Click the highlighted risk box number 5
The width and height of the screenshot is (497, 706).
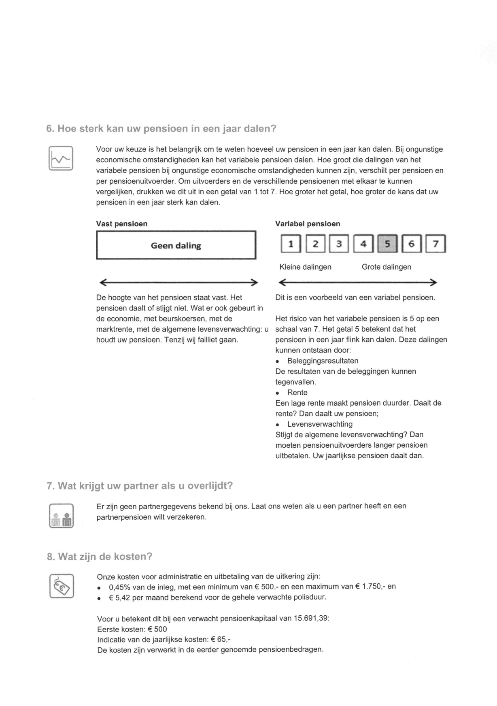pyautogui.click(x=387, y=244)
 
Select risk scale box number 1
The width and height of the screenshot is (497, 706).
pyautogui.click(x=291, y=244)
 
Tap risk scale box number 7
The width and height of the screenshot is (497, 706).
pyautogui.click(x=436, y=244)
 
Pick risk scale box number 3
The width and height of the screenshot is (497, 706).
pyautogui.click(x=339, y=244)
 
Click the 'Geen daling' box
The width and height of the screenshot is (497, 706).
pyautogui.click(x=176, y=245)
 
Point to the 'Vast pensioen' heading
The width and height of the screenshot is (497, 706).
pyautogui.click(x=122, y=224)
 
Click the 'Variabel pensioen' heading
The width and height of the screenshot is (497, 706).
pyautogui.click(x=308, y=224)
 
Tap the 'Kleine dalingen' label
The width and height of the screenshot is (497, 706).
pyautogui.click(x=305, y=267)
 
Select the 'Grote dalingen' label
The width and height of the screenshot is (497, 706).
pyautogui.click(x=386, y=267)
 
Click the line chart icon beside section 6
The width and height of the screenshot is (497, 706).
pyautogui.click(x=61, y=158)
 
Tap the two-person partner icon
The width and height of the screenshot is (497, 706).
pyautogui.click(x=61, y=516)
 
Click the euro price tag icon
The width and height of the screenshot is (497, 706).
pyautogui.click(x=62, y=586)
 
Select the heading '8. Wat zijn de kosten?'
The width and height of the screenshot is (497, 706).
pyautogui.click(x=100, y=557)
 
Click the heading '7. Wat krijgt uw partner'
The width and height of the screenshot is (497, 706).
pyautogui.click(x=140, y=486)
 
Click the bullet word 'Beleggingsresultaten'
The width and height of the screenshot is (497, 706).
pyautogui.click(x=323, y=361)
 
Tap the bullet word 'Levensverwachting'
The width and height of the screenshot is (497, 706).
pyautogui.click(x=320, y=424)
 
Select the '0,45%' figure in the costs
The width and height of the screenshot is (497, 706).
pyautogui.click(x=119, y=587)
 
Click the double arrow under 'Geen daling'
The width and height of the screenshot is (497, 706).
pyautogui.click(x=178, y=282)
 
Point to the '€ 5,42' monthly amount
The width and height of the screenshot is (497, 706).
pyautogui.click(x=119, y=597)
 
